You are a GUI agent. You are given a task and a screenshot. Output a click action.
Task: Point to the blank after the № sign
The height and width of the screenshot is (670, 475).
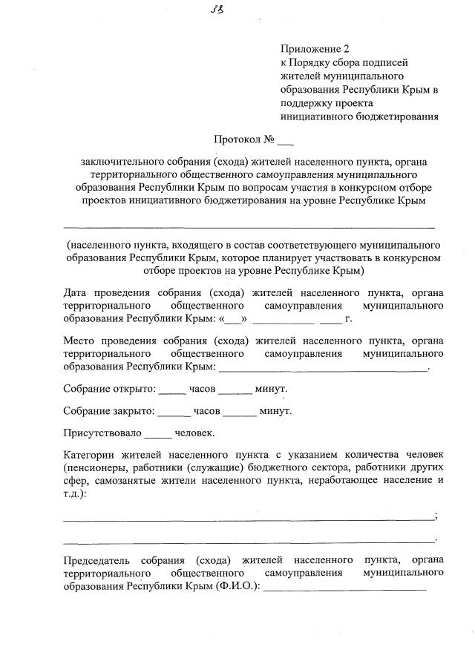(x=286, y=141)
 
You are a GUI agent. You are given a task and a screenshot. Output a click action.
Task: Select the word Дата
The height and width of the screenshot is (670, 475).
(x=76, y=291)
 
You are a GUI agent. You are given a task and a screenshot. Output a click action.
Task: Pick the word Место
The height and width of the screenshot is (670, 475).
(x=81, y=341)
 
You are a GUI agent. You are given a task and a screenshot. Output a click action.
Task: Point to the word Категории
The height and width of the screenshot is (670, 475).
(x=91, y=454)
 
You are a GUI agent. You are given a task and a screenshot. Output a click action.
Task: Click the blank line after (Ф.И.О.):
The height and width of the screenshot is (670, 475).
(x=345, y=589)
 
